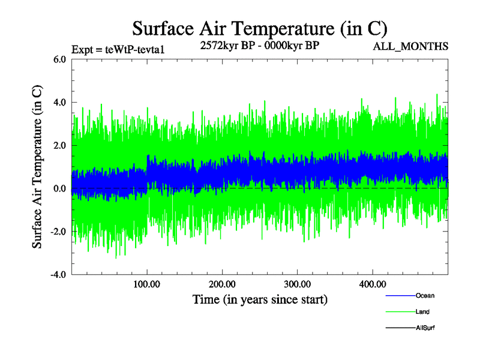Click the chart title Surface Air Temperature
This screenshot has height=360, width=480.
click(259, 28)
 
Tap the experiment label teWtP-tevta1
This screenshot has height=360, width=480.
click(118, 50)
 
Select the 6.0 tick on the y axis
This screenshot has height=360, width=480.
click(59, 59)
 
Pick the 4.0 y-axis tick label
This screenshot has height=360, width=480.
click(59, 103)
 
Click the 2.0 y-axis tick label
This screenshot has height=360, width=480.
click(59, 146)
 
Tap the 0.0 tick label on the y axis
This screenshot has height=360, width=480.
click(59, 189)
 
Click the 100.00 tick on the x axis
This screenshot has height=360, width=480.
click(147, 284)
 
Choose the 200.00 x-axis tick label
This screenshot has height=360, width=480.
click(222, 284)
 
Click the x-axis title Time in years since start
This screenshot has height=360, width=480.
click(260, 299)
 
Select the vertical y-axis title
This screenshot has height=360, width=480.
click(37, 167)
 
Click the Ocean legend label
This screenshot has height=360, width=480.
click(425, 296)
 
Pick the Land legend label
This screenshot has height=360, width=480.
click(422, 312)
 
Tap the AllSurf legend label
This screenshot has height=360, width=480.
click(425, 328)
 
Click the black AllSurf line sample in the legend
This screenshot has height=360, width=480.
click(400, 328)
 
